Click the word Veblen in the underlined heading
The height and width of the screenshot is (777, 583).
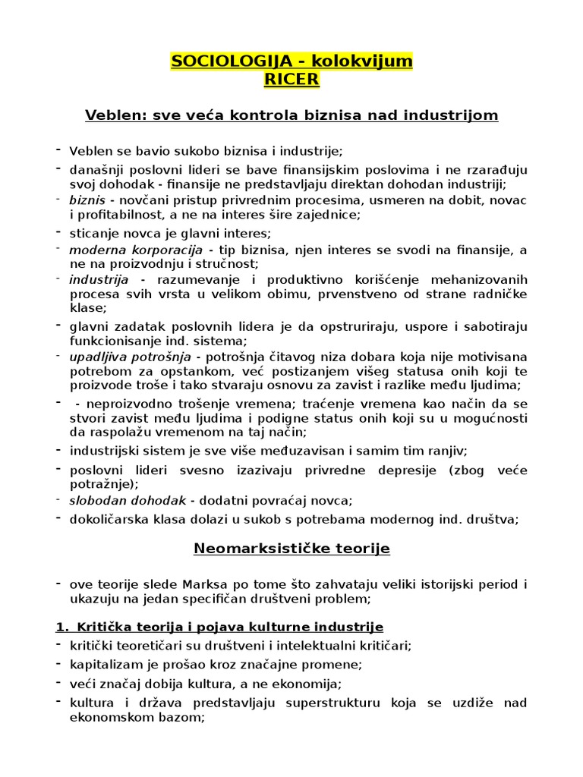point(113,115)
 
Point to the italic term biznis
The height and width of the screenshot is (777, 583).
point(87,200)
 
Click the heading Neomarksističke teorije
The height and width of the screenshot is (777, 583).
point(291,548)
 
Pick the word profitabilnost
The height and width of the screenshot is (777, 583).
point(116,215)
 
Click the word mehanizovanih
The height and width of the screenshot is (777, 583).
point(478,280)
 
